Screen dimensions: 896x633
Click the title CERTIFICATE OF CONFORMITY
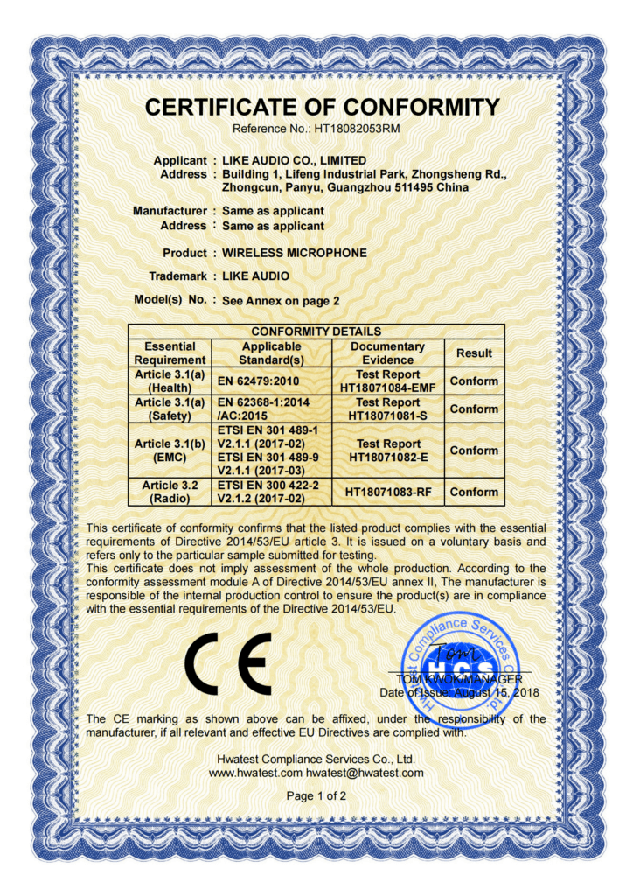pos(322,108)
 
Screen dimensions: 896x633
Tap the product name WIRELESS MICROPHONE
pos(295,253)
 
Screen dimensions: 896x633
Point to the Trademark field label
pos(178,276)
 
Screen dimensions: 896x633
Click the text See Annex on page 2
pos(281,300)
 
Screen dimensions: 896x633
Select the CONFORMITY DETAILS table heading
pos(316,332)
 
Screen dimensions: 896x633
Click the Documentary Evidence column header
pos(387,353)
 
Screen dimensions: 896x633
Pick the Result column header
pos(474,353)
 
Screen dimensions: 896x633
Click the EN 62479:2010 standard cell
pos(257,381)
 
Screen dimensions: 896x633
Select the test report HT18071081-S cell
pos(387,409)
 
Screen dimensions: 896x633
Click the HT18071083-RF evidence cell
pos(387,492)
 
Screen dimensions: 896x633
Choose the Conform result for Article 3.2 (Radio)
pos(474,492)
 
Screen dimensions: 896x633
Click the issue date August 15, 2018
pos(498,692)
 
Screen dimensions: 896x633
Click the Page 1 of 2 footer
pos(316,796)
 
